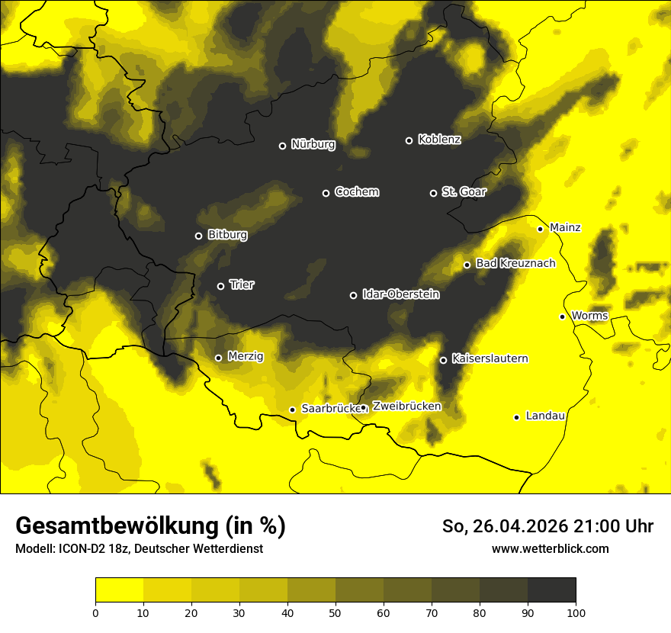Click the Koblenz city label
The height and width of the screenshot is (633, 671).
click(x=439, y=140)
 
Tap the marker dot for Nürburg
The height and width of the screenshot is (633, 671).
click(x=282, y=146)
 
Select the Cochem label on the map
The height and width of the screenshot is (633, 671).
click(x=356, y=192)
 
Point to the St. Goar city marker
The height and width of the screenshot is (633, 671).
click(x=433, y=193)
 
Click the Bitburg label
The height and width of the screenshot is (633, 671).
click(x=227, y=235)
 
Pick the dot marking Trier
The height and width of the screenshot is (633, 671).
click(x=221, y=286)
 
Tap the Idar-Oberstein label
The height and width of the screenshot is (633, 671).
click(x=400, y=294)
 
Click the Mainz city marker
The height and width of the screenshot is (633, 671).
click(x=540, y=229)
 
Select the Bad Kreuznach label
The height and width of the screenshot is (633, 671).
click(x=515, y=264)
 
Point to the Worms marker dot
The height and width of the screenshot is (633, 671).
click(x=562, y=316)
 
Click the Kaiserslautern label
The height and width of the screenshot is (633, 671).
click(x=490, y=358)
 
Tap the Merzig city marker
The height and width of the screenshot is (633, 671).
click(x=218, y=358)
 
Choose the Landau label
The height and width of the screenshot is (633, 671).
click(x=545, y=416)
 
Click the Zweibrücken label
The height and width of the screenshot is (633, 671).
click(x=406, y=406)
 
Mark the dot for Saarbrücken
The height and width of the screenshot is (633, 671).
click(x=292, y=410)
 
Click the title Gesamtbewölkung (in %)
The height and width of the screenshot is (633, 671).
click(x=150, y=526)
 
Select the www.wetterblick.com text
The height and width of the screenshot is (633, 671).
click(x=550, y=548)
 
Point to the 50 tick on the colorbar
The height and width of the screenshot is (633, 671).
click(x=335, y=612)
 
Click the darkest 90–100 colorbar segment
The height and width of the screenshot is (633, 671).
click(x=551, y=590)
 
